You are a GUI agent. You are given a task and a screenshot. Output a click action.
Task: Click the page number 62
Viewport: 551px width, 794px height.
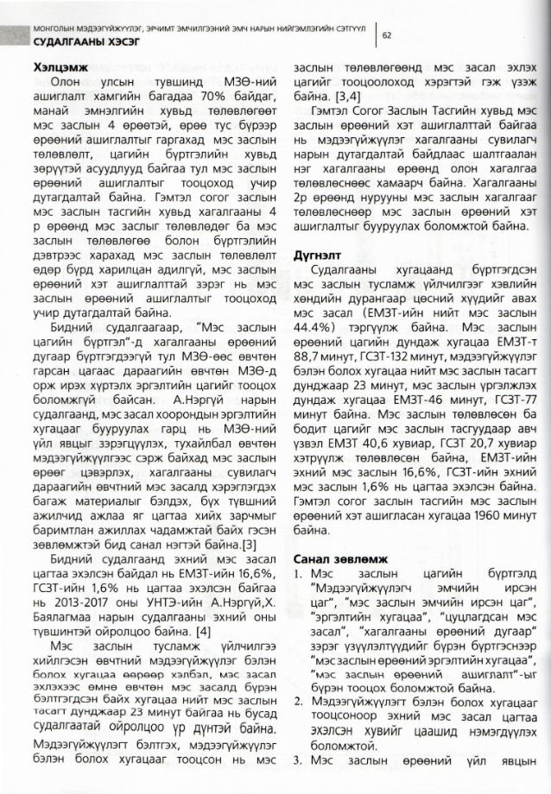pyautogui.click(x=387, y=35)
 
